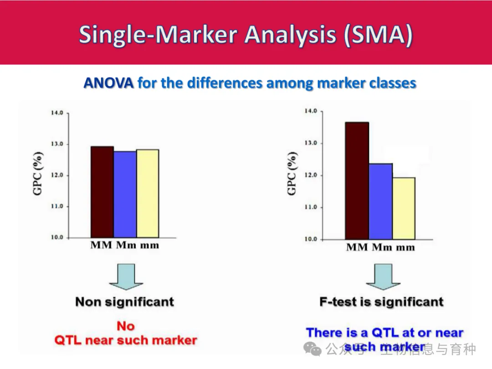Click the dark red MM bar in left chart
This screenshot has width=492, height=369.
[x=102, y=191]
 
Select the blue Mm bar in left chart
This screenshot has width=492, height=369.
[x=125, y=194]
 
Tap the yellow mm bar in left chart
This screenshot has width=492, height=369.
[x=148, y=193]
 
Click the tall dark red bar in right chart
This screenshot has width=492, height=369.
[x=357, y=180]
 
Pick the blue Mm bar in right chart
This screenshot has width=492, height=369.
[x=380, y=201]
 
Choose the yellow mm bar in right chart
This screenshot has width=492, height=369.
[x=404, y=208]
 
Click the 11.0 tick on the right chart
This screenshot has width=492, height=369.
[x=310, y=207]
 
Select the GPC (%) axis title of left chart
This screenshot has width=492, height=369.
[x=38, y=174]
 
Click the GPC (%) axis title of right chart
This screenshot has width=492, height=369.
[x=292, y=174]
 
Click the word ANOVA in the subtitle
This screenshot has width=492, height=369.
[x=108, y=83]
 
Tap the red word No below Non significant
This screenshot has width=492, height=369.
[x=125, y=326]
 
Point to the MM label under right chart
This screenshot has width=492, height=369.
[x=357, y=248]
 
